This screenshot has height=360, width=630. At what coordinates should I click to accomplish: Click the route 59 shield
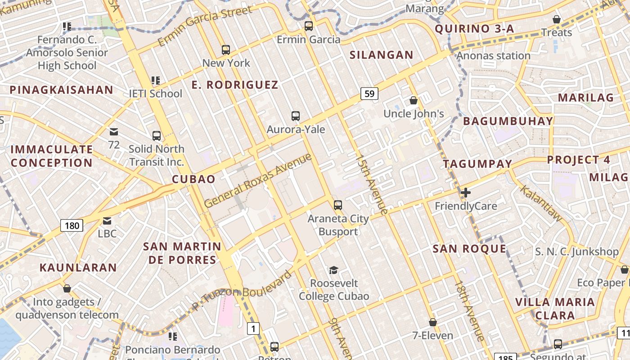(x=369, y=94)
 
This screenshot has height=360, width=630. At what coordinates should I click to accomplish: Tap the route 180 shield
(x=72, y=225)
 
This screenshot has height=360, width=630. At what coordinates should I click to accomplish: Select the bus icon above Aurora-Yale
(x=296, y=116)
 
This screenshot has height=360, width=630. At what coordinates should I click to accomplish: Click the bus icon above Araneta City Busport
(x=338, y=205)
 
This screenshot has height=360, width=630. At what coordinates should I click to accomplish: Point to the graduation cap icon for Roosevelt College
(x=333, y=270)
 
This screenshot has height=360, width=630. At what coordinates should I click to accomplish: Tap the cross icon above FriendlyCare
(x=466, y=193)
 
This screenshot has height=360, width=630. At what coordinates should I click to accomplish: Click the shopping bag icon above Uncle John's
(x=414, y=100)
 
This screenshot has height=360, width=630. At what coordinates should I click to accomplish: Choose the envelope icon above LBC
(x=107, y=221)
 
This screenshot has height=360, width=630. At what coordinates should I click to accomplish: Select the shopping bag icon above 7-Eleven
(x=433, y=322)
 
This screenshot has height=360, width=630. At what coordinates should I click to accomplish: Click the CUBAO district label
(x=193, y=179)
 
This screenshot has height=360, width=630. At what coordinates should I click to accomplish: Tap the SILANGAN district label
(x=382, y=55)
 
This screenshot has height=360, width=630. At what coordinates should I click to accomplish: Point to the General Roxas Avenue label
(x=258, y=180)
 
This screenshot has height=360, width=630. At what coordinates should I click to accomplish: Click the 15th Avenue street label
(x=371, y=184)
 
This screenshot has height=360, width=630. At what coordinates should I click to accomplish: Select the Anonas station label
(x=494, y=56)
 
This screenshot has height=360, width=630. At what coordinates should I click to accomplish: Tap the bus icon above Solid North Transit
(x=157, y=135)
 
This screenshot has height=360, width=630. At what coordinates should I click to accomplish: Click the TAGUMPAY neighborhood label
(x=478, y=164)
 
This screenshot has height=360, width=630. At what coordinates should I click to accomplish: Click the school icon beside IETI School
(x=156, y=81)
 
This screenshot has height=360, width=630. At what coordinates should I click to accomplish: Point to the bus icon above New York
(x=226, y=49)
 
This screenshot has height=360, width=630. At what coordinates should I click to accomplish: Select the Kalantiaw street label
(x=541, y=203)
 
